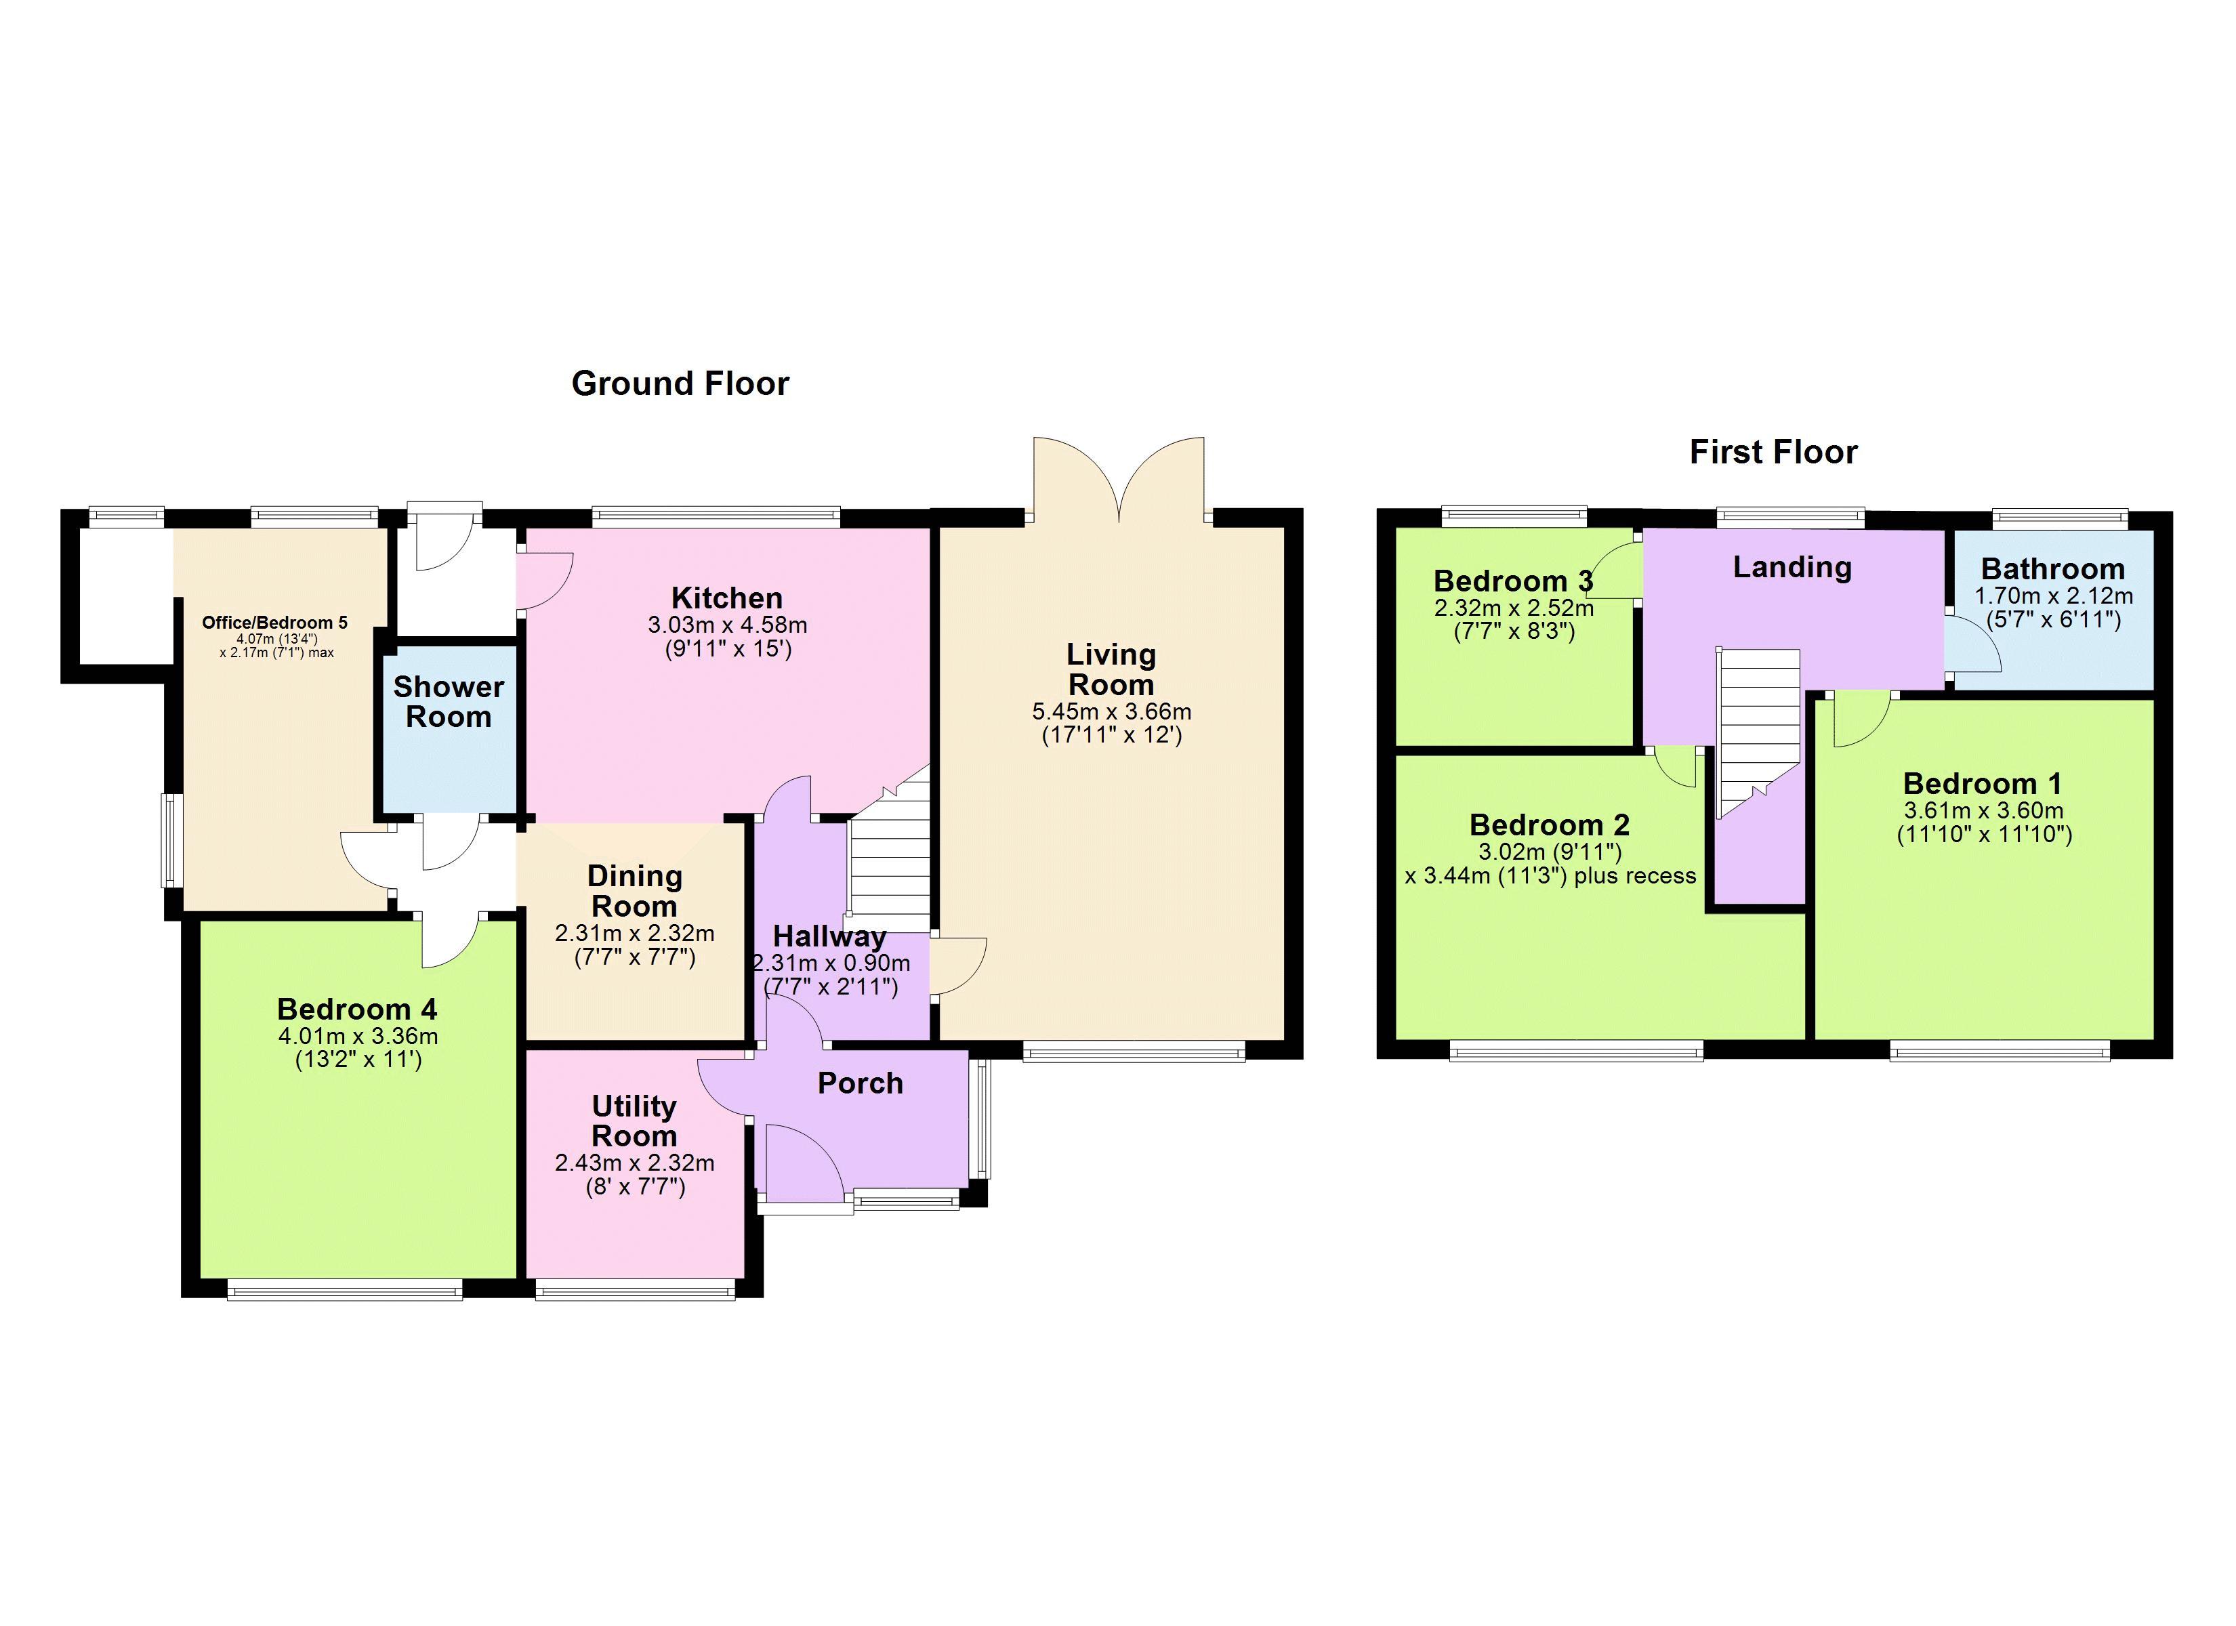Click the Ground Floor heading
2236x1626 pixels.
click(680, 383)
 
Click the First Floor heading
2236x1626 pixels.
click(1773, 452)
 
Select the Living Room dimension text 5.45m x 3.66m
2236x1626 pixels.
click(1111, 711)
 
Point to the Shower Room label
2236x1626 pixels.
click(449, 701)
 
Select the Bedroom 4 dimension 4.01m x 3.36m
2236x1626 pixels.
click(358, 1037)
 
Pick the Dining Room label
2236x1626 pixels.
click(634, 890)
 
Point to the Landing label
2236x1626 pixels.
click(1792, 567)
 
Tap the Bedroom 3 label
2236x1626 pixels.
click(1512, 581)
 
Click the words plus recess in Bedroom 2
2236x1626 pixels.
click(1634, 875)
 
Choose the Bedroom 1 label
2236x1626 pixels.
click(1982, 784)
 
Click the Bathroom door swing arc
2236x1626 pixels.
click(1976, 645)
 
